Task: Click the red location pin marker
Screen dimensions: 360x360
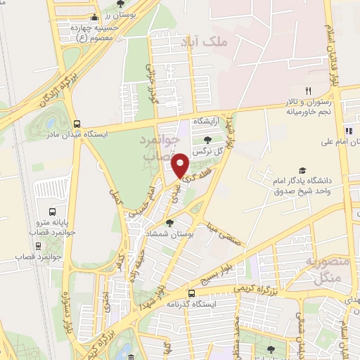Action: coord(181,165)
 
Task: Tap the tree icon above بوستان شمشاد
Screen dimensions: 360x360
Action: coord(169,223)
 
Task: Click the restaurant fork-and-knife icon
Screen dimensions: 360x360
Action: coord(307,90)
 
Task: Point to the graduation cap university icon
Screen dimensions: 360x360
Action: coord(302,170)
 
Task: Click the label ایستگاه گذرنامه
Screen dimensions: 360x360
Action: coord(191,304)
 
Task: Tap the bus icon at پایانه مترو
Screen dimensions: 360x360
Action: coord(52,211)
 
